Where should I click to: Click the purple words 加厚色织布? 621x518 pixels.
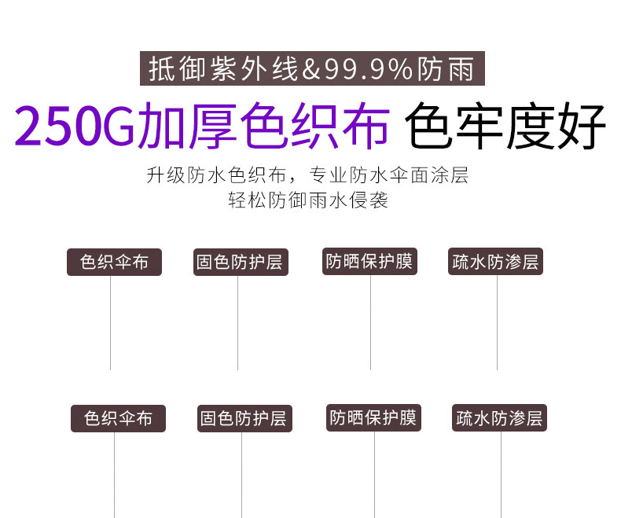(263, 126)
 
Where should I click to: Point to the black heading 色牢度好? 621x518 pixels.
(506, 126)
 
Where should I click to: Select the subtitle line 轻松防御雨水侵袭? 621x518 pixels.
(308, 200)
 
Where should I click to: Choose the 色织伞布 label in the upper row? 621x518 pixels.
(114, 262)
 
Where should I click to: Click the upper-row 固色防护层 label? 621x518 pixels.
(241, 262)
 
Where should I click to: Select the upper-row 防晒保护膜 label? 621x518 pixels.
(369, 261)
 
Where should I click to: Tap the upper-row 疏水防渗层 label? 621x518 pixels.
(496, 262)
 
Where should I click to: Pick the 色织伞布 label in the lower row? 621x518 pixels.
(118, 418)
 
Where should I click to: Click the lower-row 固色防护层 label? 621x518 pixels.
(243, 418)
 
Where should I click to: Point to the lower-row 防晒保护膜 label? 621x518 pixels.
(373, 417)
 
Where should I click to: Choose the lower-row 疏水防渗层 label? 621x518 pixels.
(499, 418)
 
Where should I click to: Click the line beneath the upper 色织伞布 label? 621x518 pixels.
(110, 322)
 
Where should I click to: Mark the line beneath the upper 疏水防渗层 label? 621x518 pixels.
(497, 322)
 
